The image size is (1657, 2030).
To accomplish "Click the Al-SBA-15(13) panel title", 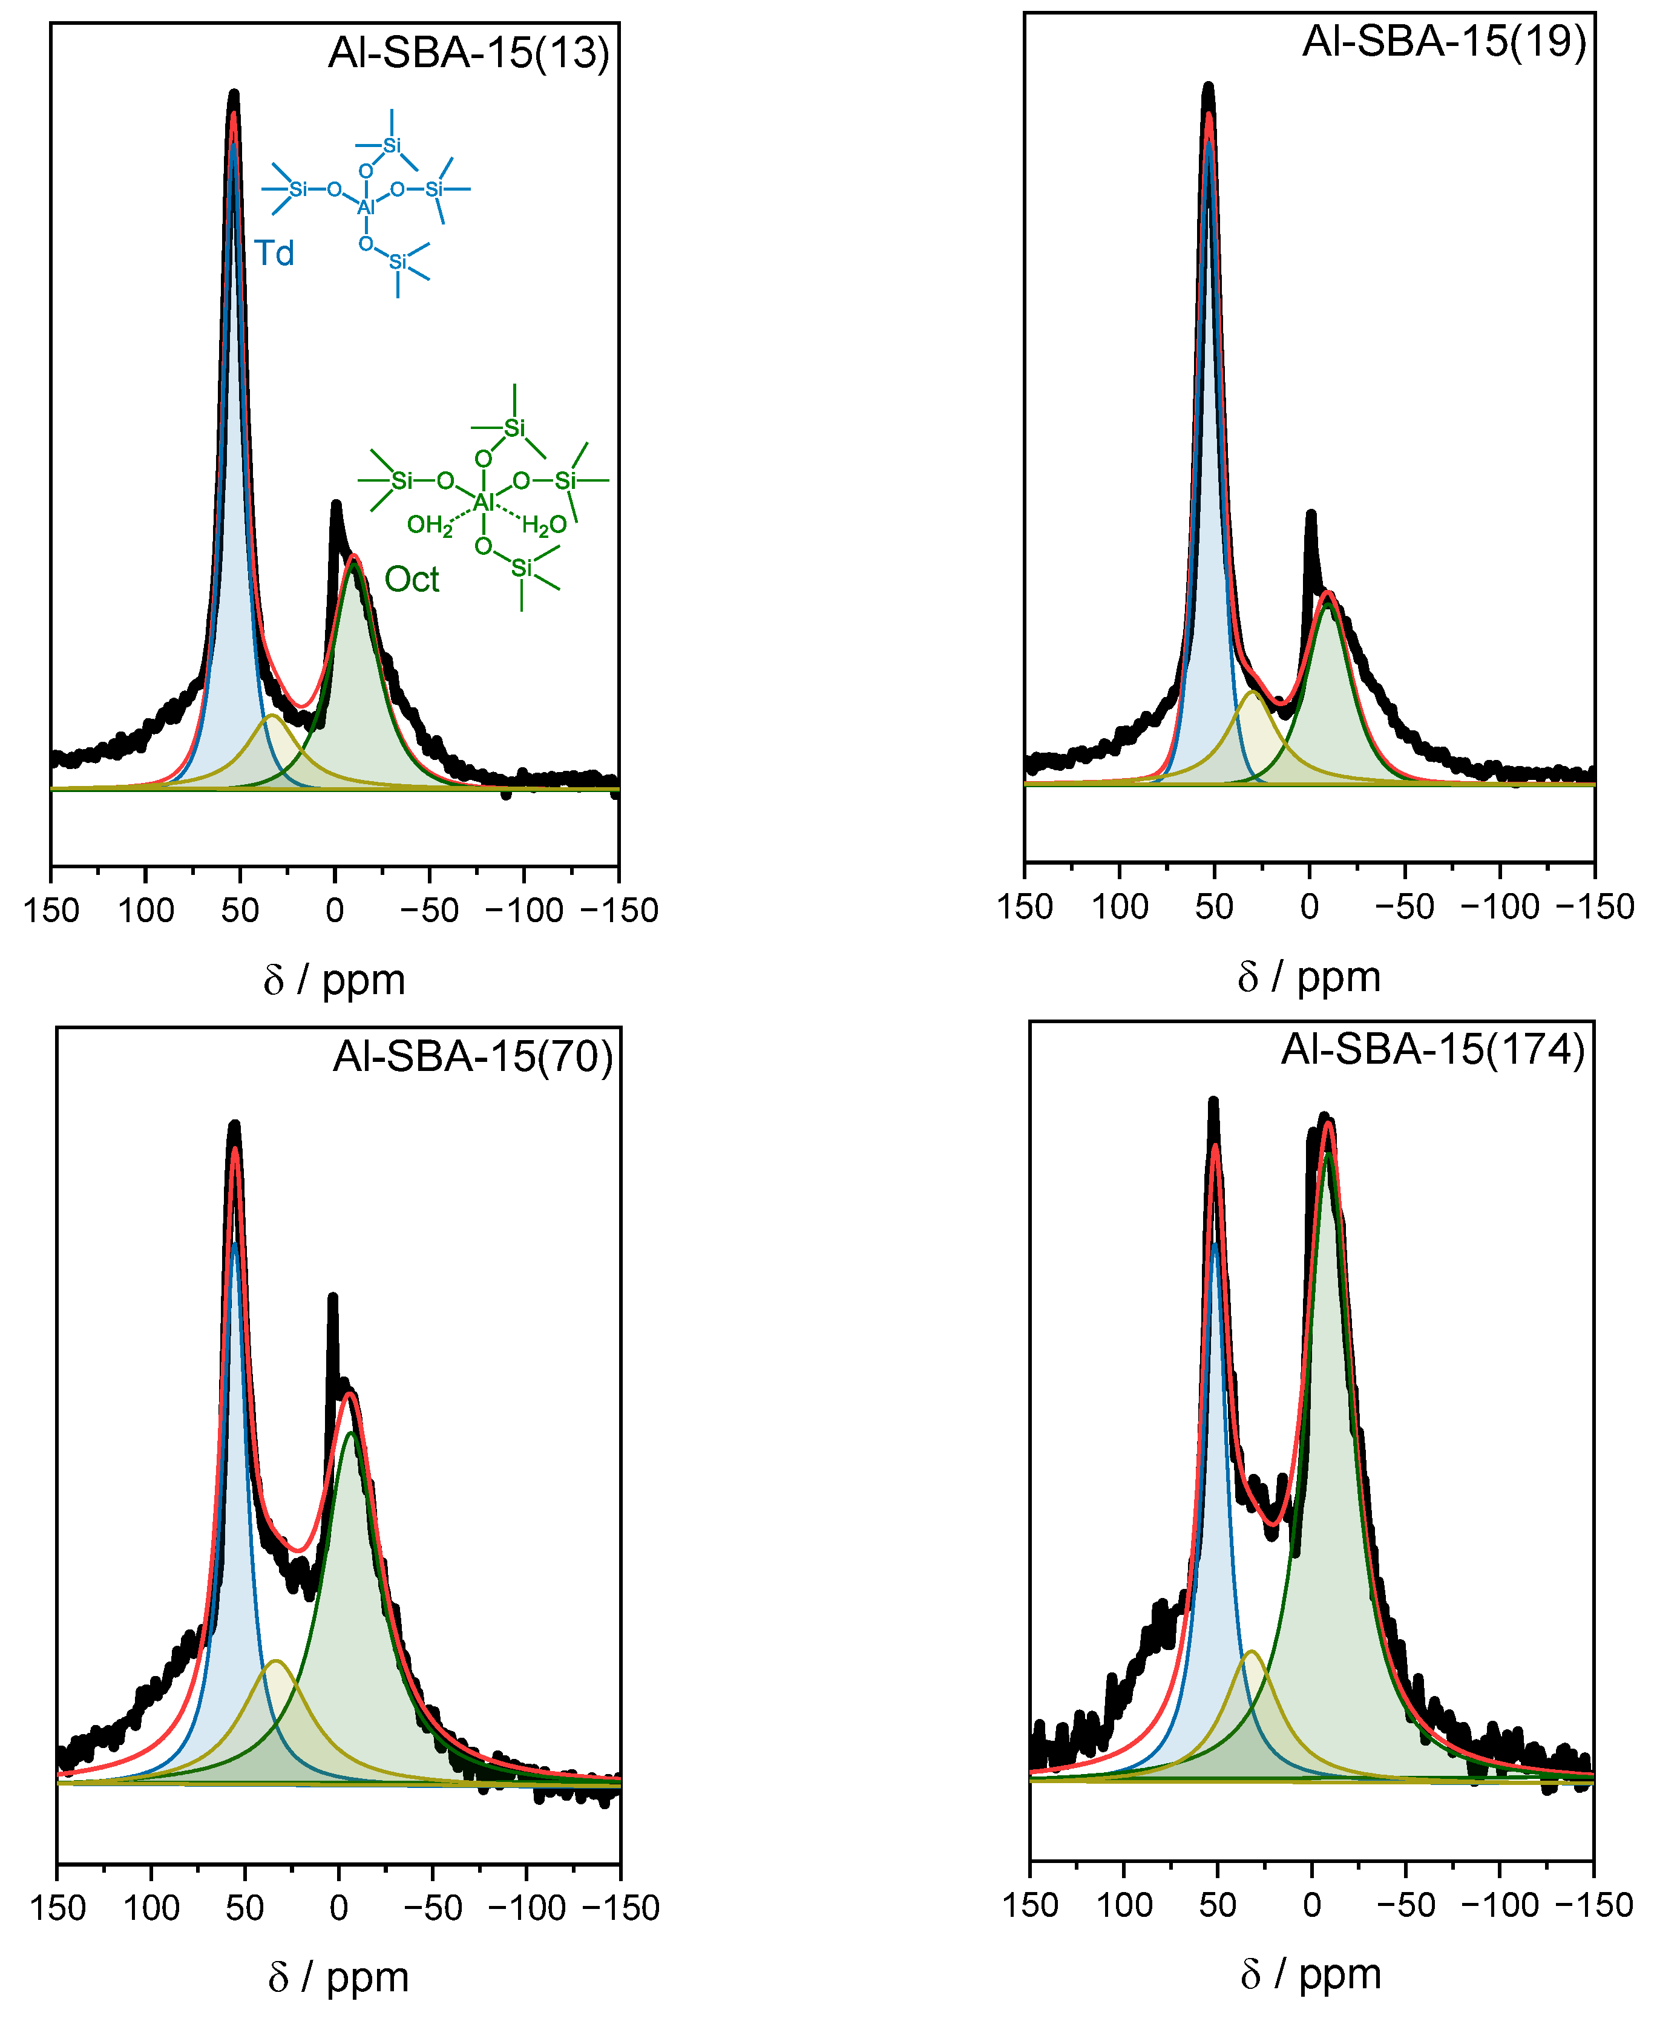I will tap(468, 53).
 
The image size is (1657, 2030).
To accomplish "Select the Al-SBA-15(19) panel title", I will tap(1443, 42).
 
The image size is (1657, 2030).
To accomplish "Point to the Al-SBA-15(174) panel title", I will tap(1432, 1050).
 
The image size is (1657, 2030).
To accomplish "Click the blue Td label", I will tap(274, 254).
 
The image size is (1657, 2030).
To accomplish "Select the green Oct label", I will tap(412, 579).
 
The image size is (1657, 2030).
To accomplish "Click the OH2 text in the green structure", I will tap(430, 525).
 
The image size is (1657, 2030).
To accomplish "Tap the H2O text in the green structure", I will tap(544, 525).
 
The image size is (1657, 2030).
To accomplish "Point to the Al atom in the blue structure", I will tap(366, 207).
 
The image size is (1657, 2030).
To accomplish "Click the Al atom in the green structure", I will tap(484, 502).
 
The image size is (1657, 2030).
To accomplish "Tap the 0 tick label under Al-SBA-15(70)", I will tap(338, 1908).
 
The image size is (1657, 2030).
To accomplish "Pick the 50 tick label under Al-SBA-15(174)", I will tap(1217, 1905).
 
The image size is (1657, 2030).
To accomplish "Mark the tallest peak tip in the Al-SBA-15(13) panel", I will tap(234, 94).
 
